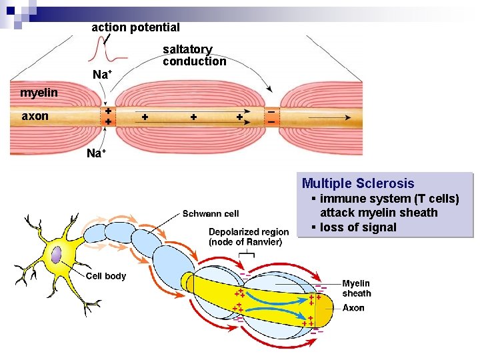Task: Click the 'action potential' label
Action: pos(135,27)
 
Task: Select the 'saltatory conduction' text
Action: pos(194,55)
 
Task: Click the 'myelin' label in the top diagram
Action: pos(39,92)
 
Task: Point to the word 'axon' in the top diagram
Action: pos(35,116)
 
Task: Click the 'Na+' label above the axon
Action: pos(101,75)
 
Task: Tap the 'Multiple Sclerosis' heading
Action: pos(358,183)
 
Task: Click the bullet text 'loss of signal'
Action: pos(358,227)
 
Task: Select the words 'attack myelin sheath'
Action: pos(379,213)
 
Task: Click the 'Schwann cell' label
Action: pos(211,214)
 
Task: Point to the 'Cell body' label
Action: pos(106,276)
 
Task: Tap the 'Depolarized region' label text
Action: pos(249,232)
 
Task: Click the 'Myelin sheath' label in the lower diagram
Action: pos(357,288)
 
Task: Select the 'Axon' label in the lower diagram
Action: pos(353,308)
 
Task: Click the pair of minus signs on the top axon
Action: pos(271,117)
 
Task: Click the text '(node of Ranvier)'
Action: pos(245,242)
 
